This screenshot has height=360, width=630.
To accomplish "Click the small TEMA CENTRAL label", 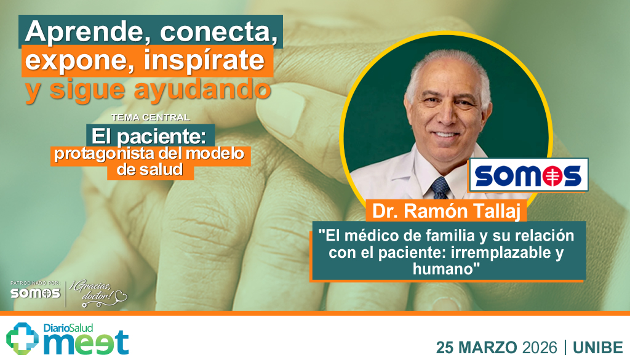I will coord(151,117).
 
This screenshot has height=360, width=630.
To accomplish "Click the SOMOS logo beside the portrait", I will coord(529,175).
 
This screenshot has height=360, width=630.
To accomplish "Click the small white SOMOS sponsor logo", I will coord(35,293).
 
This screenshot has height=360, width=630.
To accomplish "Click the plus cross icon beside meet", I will coord(23,338).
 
